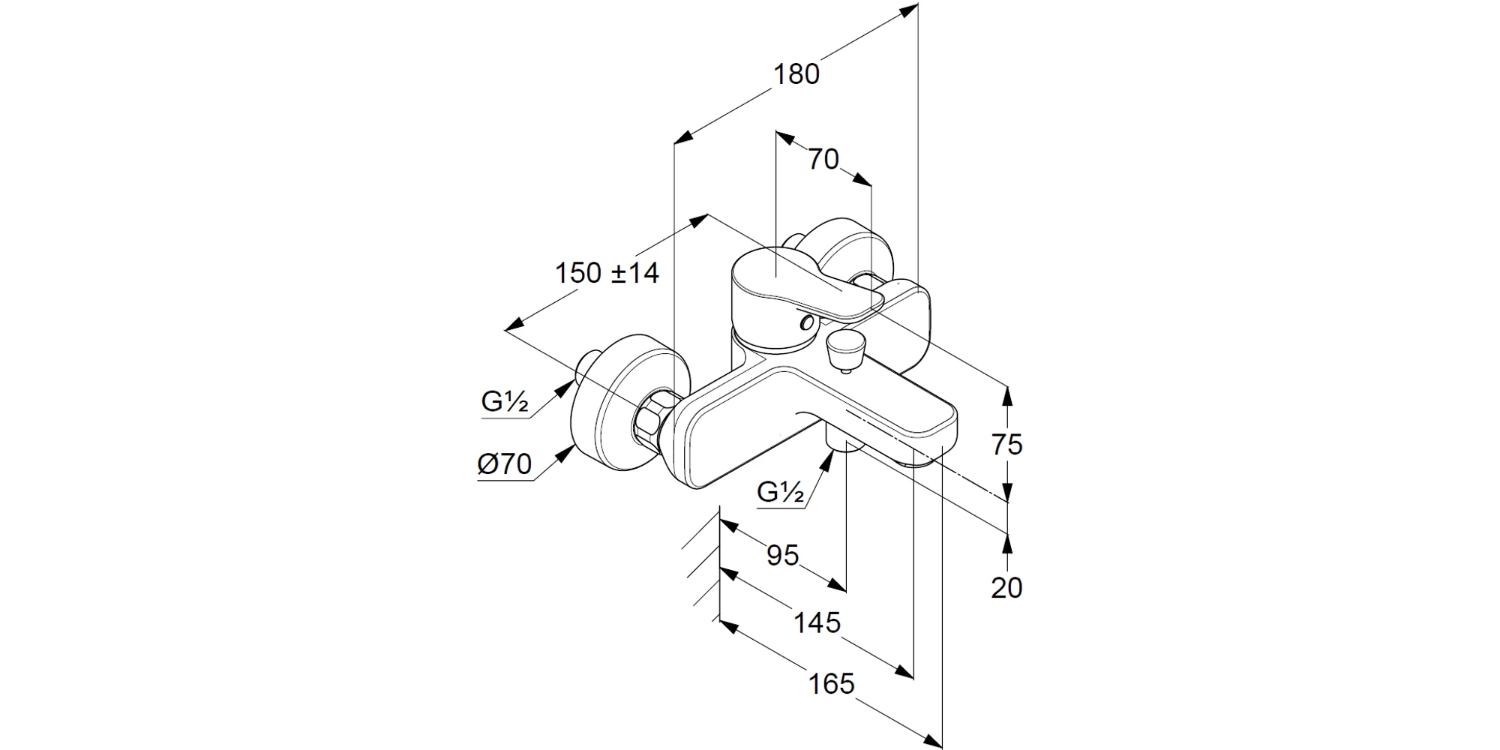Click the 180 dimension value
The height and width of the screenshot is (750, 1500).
pos(796,74)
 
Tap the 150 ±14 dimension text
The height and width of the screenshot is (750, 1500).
pos(607,273)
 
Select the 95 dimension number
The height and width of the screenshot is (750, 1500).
pos(782,555)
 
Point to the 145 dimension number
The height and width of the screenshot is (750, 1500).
pos(817,622)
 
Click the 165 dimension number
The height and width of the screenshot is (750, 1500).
pos(832,684)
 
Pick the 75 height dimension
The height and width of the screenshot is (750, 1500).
pos(1006,445)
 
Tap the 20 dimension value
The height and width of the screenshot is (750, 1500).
pos(1006,588)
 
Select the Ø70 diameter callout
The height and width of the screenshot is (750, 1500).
pos(505,465)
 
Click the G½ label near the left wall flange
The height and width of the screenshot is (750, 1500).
pos(505,403)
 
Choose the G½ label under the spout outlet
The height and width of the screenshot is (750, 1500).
pos(781,492)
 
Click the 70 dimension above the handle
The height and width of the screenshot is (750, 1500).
pos(823,159)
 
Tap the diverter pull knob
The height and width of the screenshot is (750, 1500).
pos(844,349)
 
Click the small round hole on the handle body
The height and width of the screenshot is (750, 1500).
pos(807,323)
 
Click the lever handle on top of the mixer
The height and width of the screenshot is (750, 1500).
pos(795,285)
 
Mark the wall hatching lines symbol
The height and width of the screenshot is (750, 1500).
pos(702,570)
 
